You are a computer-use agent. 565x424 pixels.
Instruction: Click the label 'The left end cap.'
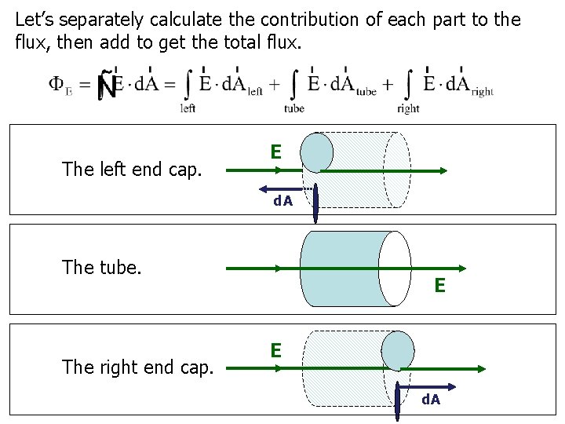point(132,169)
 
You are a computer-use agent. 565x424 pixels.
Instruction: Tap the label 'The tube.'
point(102,268)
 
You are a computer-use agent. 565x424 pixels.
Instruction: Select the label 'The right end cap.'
point(137,367)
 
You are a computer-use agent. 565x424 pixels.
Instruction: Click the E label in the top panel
point(275,151)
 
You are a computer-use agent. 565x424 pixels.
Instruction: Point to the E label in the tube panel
point(439,287)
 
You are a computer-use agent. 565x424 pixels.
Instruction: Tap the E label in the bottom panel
point(275,349)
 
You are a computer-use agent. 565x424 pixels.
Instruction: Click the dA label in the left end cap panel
point(282,201)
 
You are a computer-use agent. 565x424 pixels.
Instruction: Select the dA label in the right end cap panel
point(431,400)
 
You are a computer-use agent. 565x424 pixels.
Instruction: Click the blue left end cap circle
point(317,152)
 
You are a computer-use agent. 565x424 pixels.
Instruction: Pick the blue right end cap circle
point(397,350)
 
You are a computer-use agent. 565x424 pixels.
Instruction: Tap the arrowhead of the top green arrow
point(443,170)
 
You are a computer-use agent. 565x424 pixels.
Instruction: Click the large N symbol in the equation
point(108,86)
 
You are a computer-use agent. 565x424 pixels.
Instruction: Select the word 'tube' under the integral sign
point(294,109)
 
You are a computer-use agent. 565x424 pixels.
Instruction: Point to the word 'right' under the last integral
point(408,109)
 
